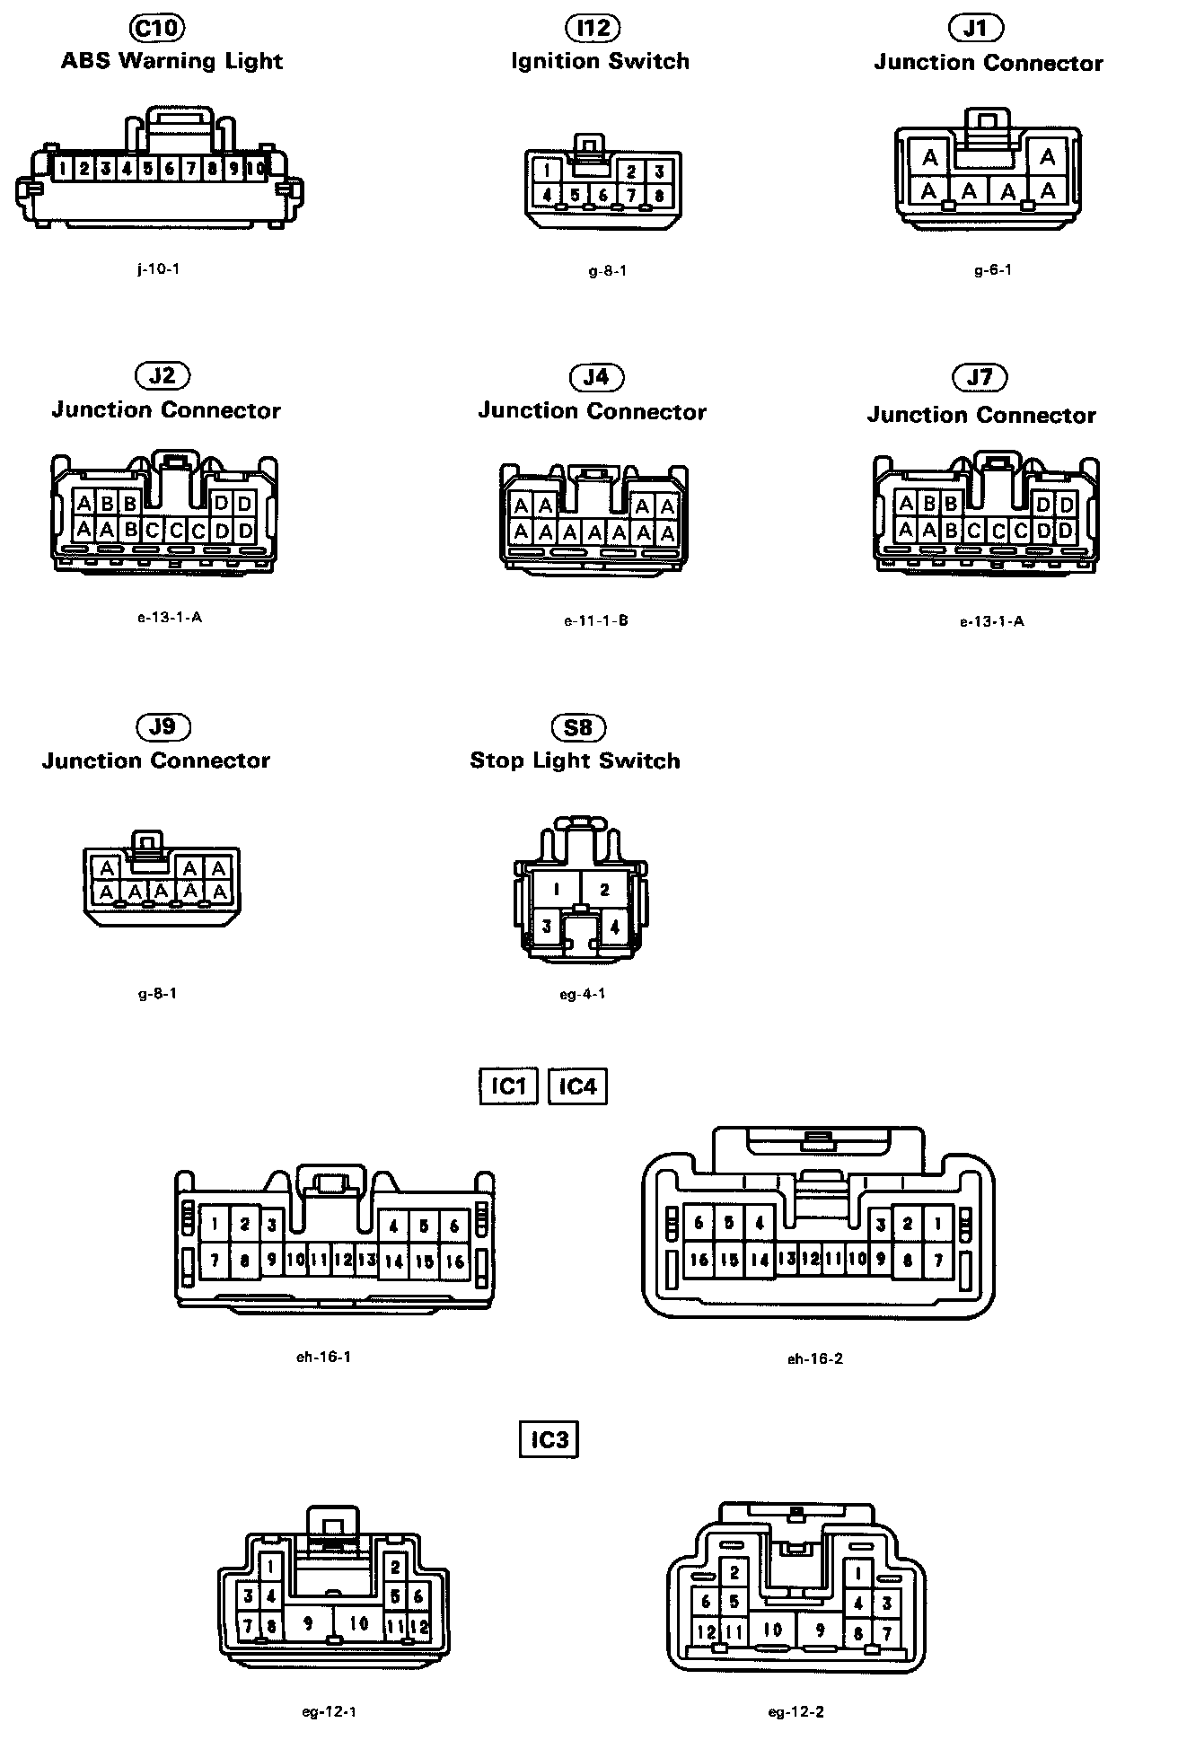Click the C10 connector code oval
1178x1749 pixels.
[x=157, y=28]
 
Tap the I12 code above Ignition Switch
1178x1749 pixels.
[x=593, y=28]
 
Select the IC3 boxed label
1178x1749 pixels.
[x=549, y=1440]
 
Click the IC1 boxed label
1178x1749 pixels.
[x=508, y=1086]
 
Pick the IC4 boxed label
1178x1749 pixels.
[x=577, y=1086]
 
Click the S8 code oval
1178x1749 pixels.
[x=578, y=726]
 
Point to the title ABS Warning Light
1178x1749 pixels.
[x=171, y=61]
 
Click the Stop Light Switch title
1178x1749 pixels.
[x=575, y=760]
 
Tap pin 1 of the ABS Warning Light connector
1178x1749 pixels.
[x=62, y=168]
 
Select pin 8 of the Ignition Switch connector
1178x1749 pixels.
[x=660, y=195]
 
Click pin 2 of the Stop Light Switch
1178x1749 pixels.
[x=605, y=890]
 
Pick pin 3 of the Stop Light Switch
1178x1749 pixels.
[x=547, y=926]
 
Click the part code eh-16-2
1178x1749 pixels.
[x=815, y=1358]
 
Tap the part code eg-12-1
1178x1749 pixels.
[x=330, y=1711]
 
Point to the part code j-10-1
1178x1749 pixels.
[x=158, y=268]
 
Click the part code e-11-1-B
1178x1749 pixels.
[x=596, y=620]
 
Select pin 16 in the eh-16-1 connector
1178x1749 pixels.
[x=455, y=1261]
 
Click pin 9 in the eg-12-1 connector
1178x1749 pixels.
[x=308, y=1623]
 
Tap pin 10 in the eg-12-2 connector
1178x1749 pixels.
[x=772, y=1629]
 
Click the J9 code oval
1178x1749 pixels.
[x=163, y=725]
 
